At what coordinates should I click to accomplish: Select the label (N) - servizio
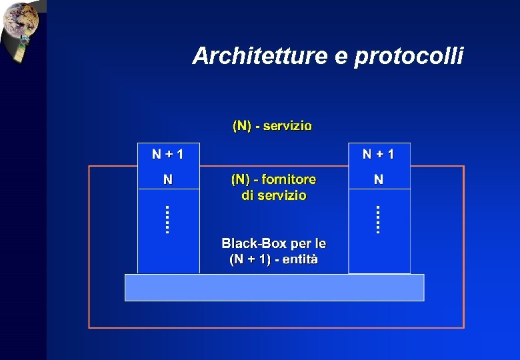(272, 125)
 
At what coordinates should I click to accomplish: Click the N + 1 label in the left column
(167, 155)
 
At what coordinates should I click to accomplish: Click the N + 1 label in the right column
(379, 155)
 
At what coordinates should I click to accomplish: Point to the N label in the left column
(168, 179)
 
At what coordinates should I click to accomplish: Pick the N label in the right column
(379, 179)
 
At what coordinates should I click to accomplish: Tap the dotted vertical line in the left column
(167, 219)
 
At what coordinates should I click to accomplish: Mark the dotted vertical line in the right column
(378, 219)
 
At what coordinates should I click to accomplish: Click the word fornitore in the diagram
(289, 179)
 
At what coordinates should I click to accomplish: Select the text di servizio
(274, 195)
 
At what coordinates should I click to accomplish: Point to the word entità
(300, 259)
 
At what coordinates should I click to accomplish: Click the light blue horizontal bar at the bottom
(274, 287)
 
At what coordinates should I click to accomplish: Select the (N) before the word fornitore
(241, 179)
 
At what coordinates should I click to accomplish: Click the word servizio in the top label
(287, 125)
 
